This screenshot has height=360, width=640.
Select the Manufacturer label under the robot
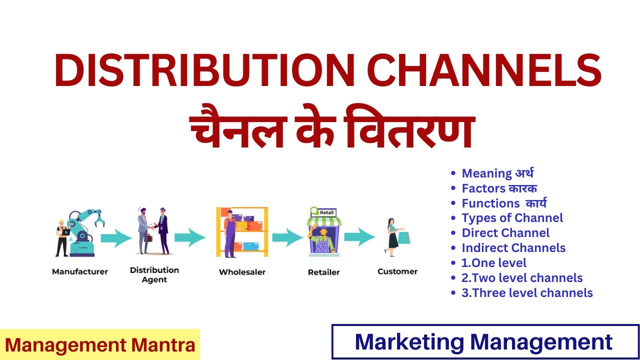(80, 272)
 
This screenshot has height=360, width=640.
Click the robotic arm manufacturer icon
(80, 233)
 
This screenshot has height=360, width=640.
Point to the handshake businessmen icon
(153, 231)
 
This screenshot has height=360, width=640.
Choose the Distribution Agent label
(154, 274)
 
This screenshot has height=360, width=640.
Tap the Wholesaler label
(242, 272)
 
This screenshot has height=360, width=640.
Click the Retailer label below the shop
(323, 272)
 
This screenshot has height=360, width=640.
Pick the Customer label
(397, 271)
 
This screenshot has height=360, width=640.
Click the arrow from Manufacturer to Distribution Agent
(116, 237)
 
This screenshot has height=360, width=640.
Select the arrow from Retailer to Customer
(359, 237)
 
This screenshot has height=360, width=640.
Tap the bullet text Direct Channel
(505, 233)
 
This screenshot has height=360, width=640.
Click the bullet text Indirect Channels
(513, 248)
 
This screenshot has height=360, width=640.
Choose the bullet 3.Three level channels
(527, 293)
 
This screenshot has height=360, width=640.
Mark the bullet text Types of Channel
(512, 218)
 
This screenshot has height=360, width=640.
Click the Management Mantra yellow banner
(100, 344)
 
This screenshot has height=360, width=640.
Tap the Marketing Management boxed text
(484, 342)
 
